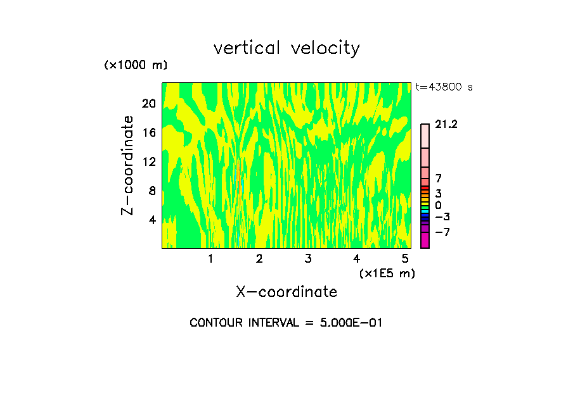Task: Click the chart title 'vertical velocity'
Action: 286,48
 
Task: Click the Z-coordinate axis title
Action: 128,166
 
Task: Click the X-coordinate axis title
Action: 286,292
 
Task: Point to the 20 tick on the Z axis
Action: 148,103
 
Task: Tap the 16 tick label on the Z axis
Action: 148,132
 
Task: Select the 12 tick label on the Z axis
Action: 148,161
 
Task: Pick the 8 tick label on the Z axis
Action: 151,191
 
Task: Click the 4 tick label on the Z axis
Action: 151,220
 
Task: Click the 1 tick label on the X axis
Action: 210,259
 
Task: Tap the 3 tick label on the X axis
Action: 307,259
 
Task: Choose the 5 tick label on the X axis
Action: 405,259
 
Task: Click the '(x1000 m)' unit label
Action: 136,65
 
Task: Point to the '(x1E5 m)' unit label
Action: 387,273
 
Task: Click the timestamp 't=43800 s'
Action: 444,87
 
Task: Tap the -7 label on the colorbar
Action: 442,232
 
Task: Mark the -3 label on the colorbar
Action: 442,216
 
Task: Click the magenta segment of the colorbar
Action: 425,240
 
